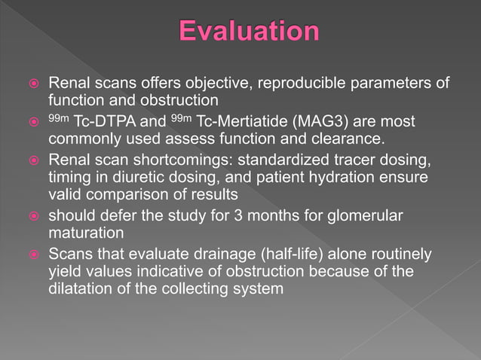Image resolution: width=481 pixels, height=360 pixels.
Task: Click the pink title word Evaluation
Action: click(249, 32)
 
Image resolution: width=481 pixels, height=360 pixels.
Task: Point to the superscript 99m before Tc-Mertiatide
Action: click(181, 118)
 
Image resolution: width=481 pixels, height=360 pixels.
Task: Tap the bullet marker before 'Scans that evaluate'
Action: click(32, 255)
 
